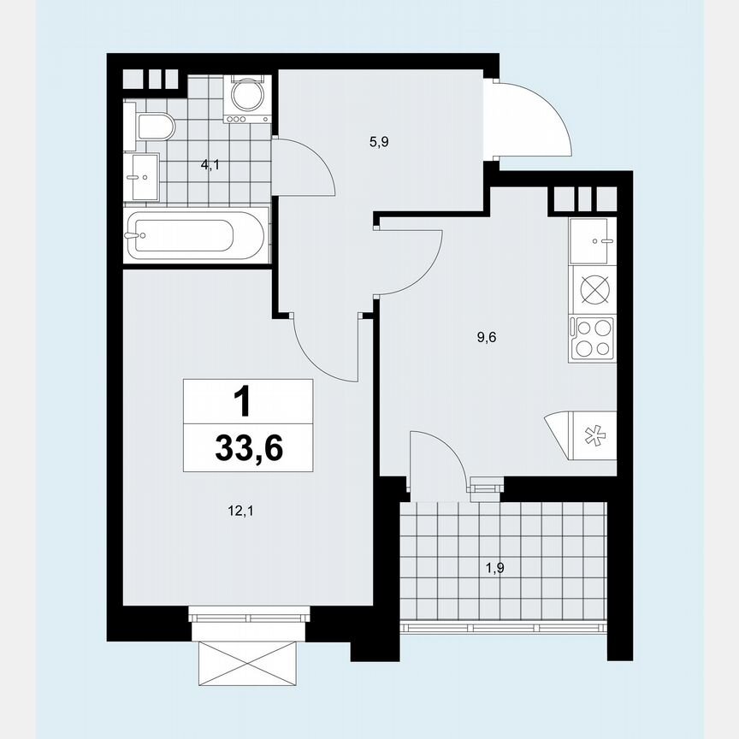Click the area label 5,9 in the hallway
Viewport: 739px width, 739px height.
380,143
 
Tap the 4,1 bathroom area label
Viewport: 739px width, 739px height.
210,165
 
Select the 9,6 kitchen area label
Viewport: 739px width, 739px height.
487,337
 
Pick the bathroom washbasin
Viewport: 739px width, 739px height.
142,176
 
